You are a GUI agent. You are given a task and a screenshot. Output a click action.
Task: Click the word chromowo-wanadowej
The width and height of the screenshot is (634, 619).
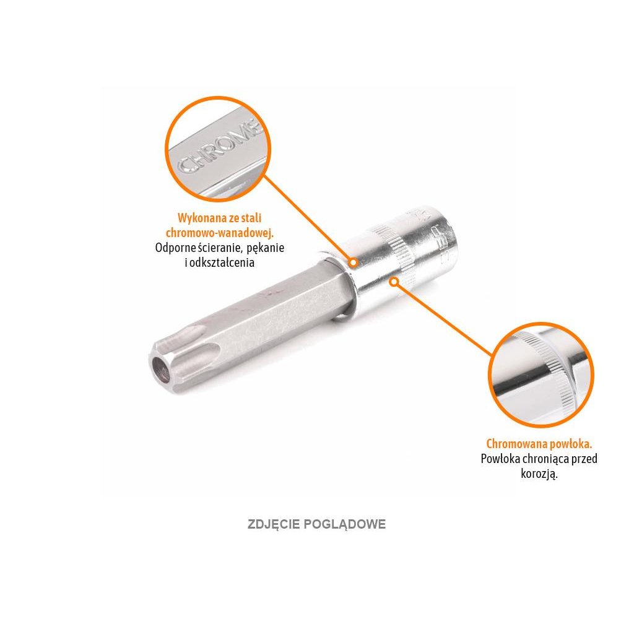[x=220, y=233]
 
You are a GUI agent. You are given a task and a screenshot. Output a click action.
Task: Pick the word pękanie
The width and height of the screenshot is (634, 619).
[x=267, y=248]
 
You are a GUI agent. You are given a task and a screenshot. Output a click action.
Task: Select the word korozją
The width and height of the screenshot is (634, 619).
[x=539, y=474]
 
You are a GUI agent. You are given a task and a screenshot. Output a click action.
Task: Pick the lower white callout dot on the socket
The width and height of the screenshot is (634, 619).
[x=393, y=282]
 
